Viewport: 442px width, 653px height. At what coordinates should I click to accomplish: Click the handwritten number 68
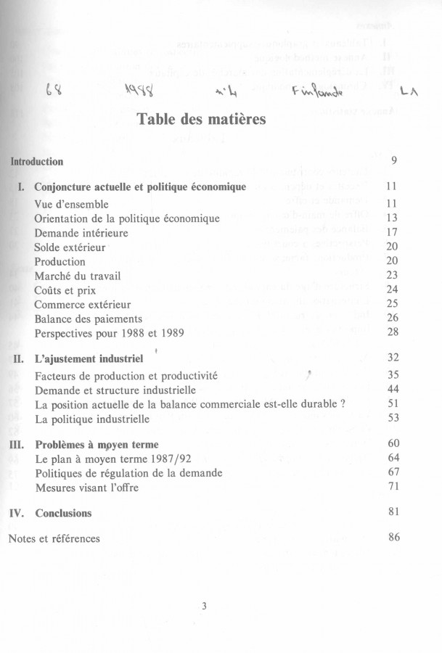pos(53,91)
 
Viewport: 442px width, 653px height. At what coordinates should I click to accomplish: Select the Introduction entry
pos(37,161)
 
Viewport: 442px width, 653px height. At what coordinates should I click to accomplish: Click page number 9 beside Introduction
pos(393,160)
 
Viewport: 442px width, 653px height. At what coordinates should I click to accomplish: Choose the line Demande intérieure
pos(81,232)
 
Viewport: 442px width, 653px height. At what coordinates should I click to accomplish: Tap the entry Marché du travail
pos(78,275)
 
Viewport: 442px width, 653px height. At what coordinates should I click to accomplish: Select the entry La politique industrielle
pos(92,419)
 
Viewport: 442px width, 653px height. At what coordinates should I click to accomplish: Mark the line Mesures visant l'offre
pos(86,488)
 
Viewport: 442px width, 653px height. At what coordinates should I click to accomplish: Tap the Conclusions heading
pos(63,513)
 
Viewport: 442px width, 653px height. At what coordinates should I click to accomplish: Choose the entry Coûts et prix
pos(69,289)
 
